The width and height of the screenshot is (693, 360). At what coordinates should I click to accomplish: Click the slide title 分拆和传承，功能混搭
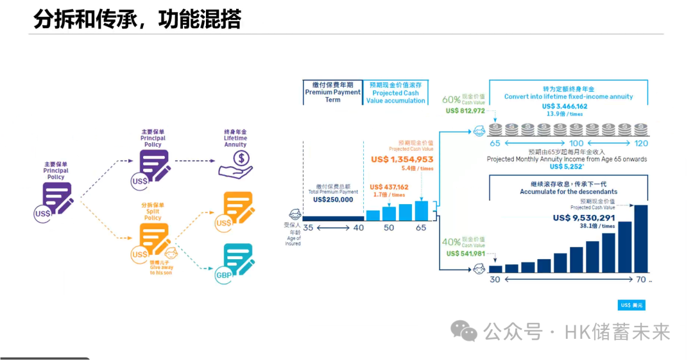[x=137, y=19]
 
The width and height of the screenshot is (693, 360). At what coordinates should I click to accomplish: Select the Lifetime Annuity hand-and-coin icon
[x=236, y=164]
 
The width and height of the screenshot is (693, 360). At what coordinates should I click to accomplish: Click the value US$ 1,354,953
[x=402, y=159]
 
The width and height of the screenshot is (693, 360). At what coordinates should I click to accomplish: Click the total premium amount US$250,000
[x=333, y=200]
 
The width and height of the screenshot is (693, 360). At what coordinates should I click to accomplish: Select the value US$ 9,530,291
[x=584, y=218]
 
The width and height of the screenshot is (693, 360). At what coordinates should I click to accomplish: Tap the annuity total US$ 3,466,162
[x=565, y=107]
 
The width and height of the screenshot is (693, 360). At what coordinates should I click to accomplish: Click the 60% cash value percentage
[x=451, y=99]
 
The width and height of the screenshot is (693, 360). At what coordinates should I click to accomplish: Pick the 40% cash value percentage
[x=451, y=242]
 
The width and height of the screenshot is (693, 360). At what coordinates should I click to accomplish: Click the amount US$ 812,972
[x=465, y=110]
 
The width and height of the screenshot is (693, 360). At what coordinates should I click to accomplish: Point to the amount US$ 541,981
[x=465, y=253]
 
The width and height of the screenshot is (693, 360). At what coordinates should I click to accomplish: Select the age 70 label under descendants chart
[x=641, y=280]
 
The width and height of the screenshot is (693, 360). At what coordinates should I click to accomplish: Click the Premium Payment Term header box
[x=332, y=92]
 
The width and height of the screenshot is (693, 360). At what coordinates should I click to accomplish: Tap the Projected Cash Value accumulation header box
[x=396, y=92]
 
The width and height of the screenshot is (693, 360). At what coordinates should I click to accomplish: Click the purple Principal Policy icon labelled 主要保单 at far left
[x=56, y=198]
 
